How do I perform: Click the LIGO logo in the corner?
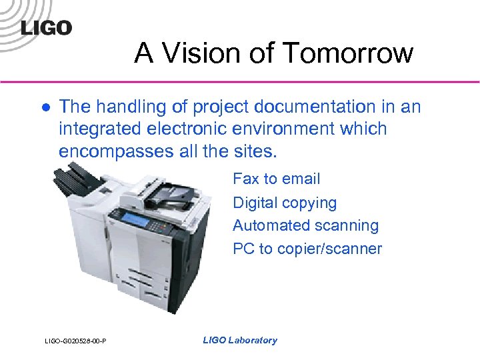45,28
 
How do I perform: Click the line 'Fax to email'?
276,179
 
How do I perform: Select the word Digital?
254,203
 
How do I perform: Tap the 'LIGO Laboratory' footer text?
239,340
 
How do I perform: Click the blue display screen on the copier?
134,220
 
